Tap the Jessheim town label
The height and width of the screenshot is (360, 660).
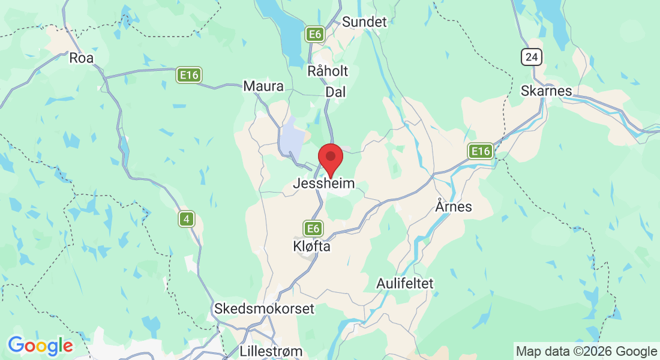[x=323, y=184]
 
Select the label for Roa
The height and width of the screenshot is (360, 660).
[x=82, y=58]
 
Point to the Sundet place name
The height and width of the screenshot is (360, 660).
[x=364, y=22]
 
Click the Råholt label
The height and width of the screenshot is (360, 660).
[x=328, y=71]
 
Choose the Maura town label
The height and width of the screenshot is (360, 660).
[x=263, y=86]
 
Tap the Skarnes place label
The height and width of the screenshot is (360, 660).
[x=547, y=91]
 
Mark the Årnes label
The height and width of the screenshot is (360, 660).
[x=453, y=207]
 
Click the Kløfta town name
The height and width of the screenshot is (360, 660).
[x=311, y=246]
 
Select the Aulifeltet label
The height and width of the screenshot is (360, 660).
[x=405, y=283]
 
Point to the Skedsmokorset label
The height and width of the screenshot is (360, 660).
[x=264, y=308]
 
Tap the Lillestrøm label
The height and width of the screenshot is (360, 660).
[x=271, y=350]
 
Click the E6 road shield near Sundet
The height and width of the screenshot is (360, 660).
[x=315, y=34]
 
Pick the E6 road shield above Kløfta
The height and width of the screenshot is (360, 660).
[x=313, y=228]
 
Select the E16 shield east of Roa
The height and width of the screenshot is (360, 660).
[x=189, y=75]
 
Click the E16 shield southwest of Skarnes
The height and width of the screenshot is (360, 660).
[x=481, y=151]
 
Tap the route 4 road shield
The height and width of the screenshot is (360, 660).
[x=187, y=220]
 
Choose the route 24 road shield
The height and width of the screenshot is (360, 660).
[x=532, y=57]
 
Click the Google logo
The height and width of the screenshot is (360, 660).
[x=40, y=346]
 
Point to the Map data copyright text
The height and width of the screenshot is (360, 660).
[x=586, y=351]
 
